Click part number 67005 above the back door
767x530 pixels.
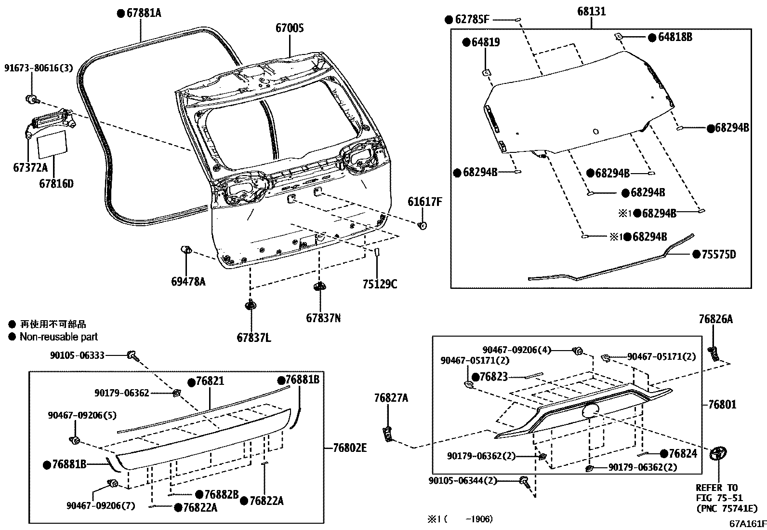click(x=290, y=28)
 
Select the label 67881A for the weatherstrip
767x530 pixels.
click(x=144, y=14)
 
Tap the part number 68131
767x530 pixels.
click(x=592, y=11)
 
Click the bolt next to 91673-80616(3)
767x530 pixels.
click(x=32, y=100)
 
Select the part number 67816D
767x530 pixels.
click(x=56, y=184)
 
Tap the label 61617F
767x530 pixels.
click(x=424, y=202)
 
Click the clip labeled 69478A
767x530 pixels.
click(x=185, y=250)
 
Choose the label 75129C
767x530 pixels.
click(x=380, y=284)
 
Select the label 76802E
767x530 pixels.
click(x=349, y=448)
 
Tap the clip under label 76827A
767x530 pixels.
click(x=388, y=434)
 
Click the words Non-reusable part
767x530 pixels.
click(x=58, y=337)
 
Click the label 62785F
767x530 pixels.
click(x=472, y=20)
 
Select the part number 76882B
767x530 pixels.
click(x=221, y=494)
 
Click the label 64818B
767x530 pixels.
click(x=674, y=37)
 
